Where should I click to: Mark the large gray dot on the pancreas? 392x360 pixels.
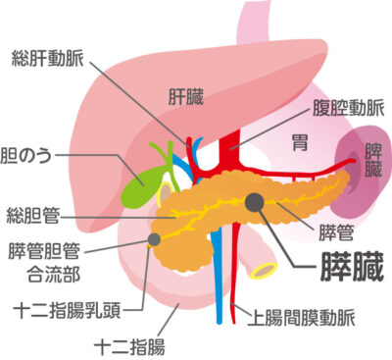click(254, 202)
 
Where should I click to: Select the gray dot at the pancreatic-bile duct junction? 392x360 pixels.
click(154, 237)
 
